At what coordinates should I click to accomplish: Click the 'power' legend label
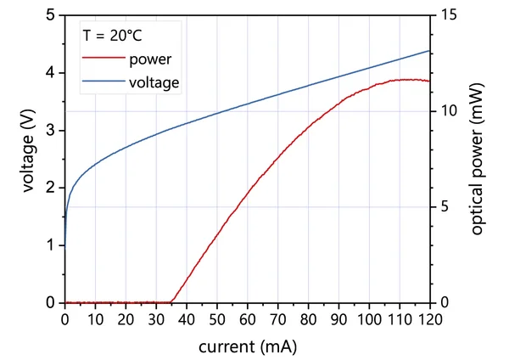pyautogui.click(x=151, y=59)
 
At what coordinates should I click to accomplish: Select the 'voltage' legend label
pyautogui.click(x=154, y=83)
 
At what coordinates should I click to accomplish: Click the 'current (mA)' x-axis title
pyautogui.click(x=248, y=347)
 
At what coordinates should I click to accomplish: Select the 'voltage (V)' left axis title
pyautogui.click(x=31, y=158)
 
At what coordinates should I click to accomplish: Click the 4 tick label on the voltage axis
pyautogui.click(x=52, y=72)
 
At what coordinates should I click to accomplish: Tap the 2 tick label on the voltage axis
pyautogui.click(x=52, y=188)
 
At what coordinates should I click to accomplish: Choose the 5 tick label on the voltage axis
pyautogui.click(x=52, y=15)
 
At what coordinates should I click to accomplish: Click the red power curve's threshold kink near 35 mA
pyautogui.click(x=172, y=301)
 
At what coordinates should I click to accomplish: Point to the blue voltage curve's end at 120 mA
pyautogui.click(x=429, y=50)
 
